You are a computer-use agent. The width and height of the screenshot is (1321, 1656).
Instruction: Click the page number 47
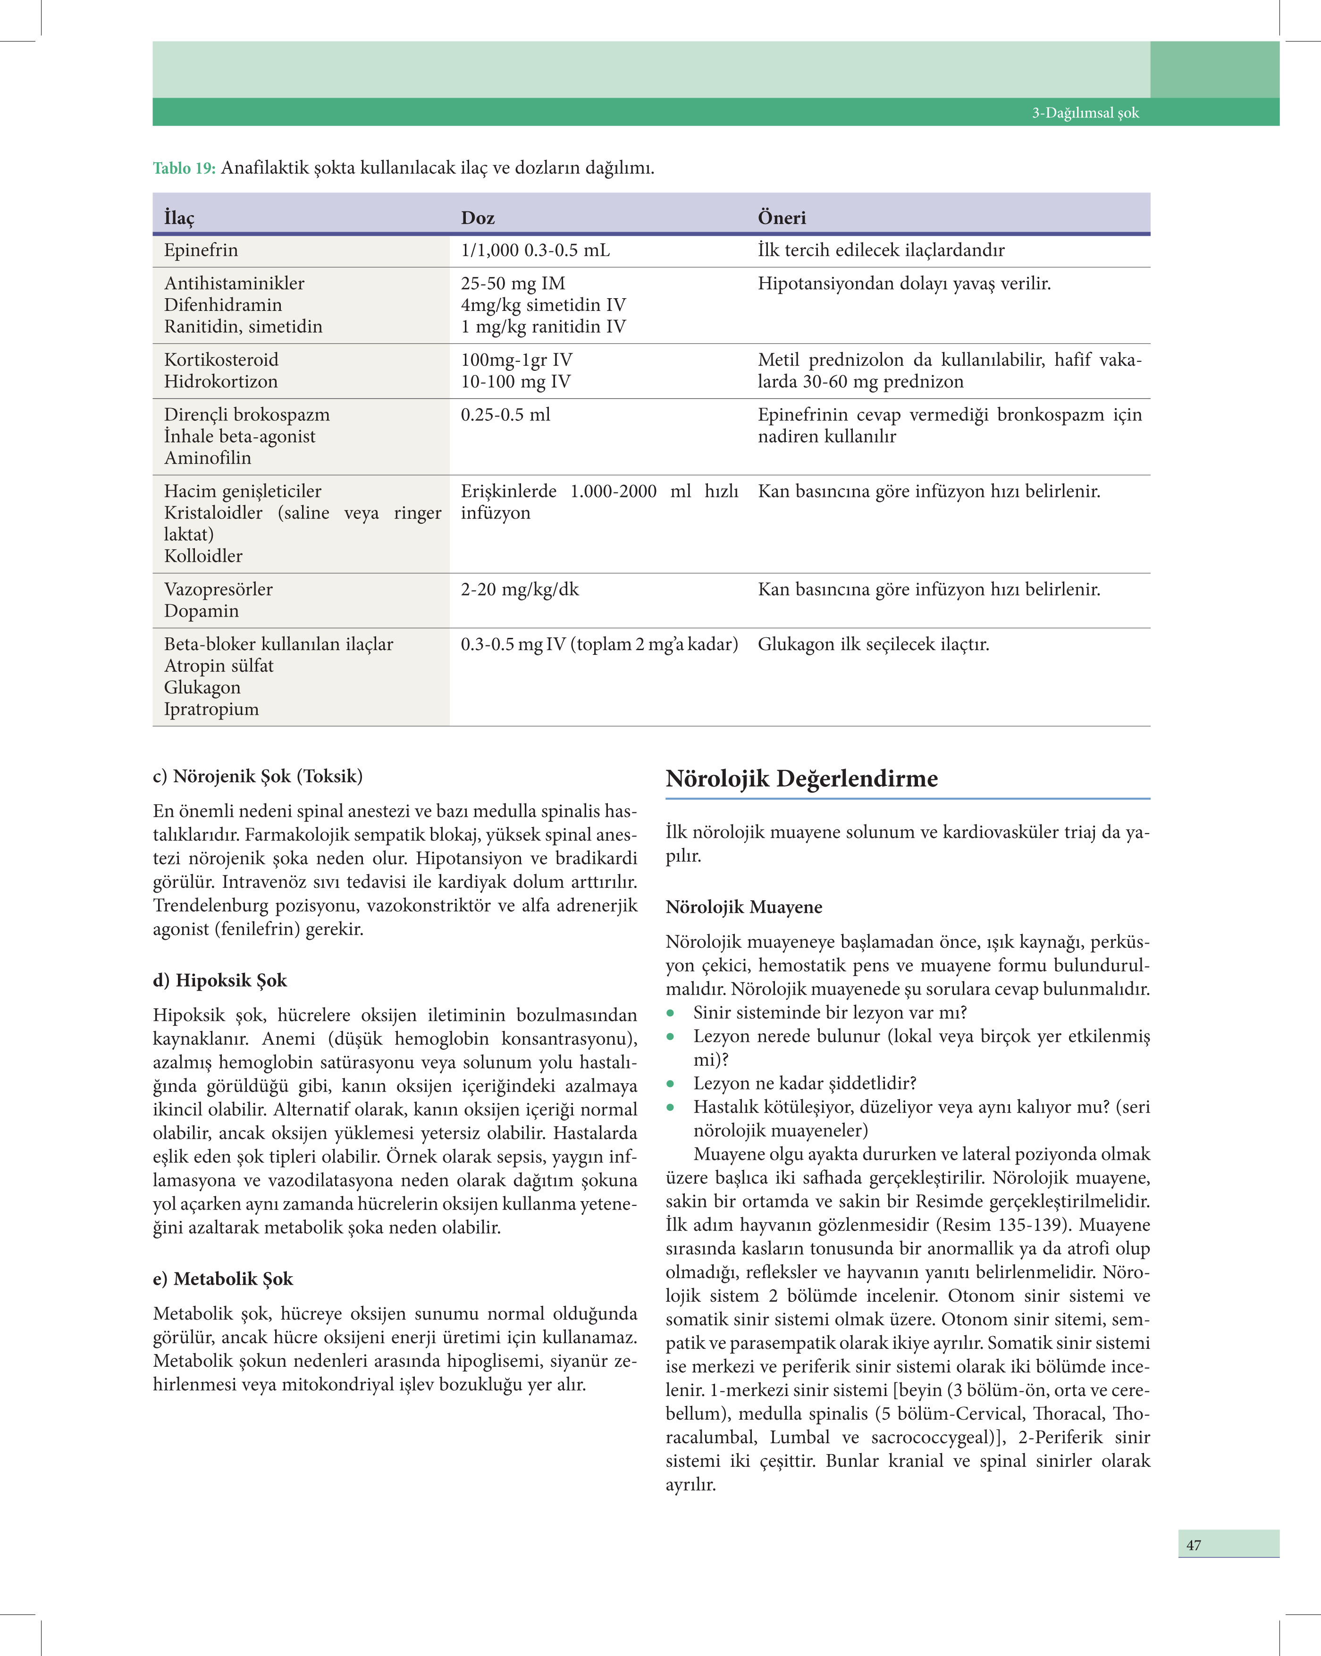(1194, 1545)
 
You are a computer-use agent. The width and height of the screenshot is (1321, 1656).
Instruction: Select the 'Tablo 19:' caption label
(184, 168)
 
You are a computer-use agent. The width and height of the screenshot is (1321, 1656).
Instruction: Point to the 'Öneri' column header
(782, 218)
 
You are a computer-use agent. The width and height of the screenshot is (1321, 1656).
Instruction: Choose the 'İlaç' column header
(179, 218)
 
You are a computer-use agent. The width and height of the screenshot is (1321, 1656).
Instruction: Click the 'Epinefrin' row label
(201, 251)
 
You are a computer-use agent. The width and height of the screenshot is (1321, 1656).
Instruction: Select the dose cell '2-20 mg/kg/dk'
(520, 590)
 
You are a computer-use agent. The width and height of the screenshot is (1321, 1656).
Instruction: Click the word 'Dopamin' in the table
(202, 611)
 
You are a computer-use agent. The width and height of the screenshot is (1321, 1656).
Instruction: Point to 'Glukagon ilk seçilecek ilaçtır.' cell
(873, 644)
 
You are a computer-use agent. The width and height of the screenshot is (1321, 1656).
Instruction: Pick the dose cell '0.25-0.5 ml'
(505, 415)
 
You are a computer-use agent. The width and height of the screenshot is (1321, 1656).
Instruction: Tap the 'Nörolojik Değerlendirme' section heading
(801, 779)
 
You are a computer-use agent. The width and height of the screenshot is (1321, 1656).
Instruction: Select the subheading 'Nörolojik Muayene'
(743, 907)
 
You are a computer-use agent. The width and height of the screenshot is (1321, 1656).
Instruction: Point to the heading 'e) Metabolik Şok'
(223, 1279)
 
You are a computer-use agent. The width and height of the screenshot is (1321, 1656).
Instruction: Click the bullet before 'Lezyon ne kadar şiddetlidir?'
(671, 1084)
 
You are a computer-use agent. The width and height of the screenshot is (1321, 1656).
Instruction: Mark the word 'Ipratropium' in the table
(211, 709)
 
